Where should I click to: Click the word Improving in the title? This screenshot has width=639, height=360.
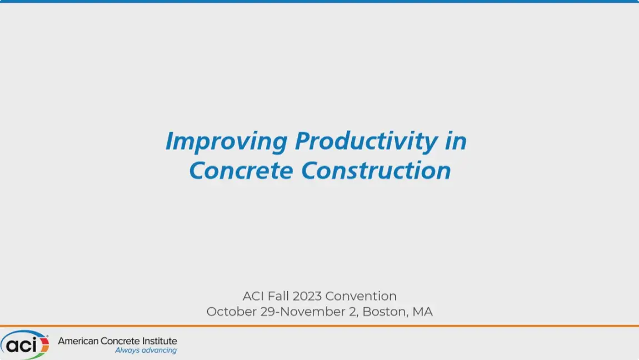[x=227, y=142]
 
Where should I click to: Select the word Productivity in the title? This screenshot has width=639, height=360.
[x=366, y=142]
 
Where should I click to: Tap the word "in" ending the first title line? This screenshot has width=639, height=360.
[x=456, y=141]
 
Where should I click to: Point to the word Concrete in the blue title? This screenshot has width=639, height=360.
[x=241, y=170]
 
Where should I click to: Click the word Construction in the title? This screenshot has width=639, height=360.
[x=376, y=170]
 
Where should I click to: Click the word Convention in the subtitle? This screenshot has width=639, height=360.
[x=361, y=296]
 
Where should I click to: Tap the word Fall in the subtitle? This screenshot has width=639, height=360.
[x=278, y=296]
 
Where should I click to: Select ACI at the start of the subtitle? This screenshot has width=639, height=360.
[x=253, y=296]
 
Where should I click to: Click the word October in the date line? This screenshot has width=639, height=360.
[x=232, y=312]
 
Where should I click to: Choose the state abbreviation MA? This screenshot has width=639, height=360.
[x=423, y=312]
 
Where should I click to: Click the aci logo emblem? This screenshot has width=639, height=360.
[x=24, y=344]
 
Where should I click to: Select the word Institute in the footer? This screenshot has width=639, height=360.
[x=159, y=341]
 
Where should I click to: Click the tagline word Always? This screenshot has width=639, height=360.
[x=127, y=350]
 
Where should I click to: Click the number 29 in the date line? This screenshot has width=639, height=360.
[x=268, y=312]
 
